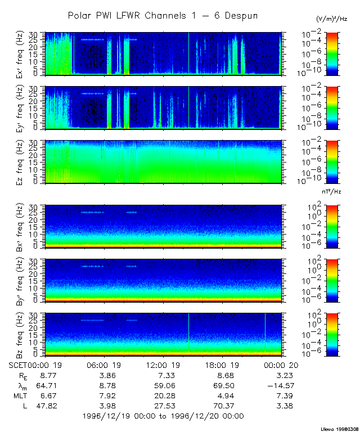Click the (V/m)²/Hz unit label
pos(332,19)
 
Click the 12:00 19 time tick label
pos(164,364)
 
